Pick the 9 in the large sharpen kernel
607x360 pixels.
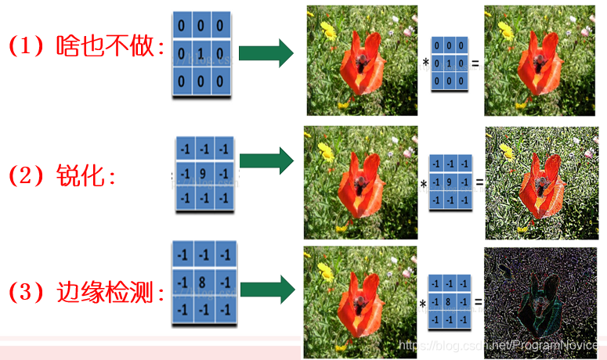click(x=204, y=173)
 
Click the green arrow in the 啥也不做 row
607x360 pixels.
click(x=266, y=54)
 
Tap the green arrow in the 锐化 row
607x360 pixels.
click(x=266, y=162)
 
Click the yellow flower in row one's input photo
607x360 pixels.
click(x=327, y=31)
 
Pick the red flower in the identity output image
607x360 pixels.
click(x=539, y=63)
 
